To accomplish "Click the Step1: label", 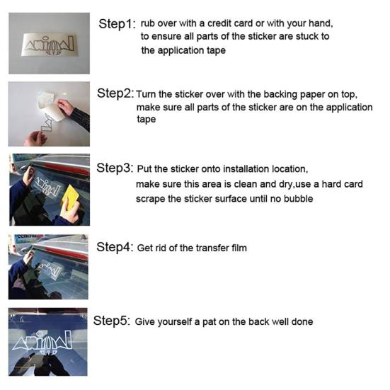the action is tap(117, 24).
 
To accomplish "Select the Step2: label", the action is tap(115, 93).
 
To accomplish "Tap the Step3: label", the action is tap(115, 168).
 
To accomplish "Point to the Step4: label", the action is tap(115, 247).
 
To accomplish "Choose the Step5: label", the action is tap(112, 321).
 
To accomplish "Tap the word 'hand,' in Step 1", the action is tap(321, 23).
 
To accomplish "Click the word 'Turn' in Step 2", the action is tap(146, 95).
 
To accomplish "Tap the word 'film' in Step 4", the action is tap(239, 248).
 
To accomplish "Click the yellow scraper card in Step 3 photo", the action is tap(70, 197).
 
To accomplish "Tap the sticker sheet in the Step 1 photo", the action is tap(49, 45).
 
